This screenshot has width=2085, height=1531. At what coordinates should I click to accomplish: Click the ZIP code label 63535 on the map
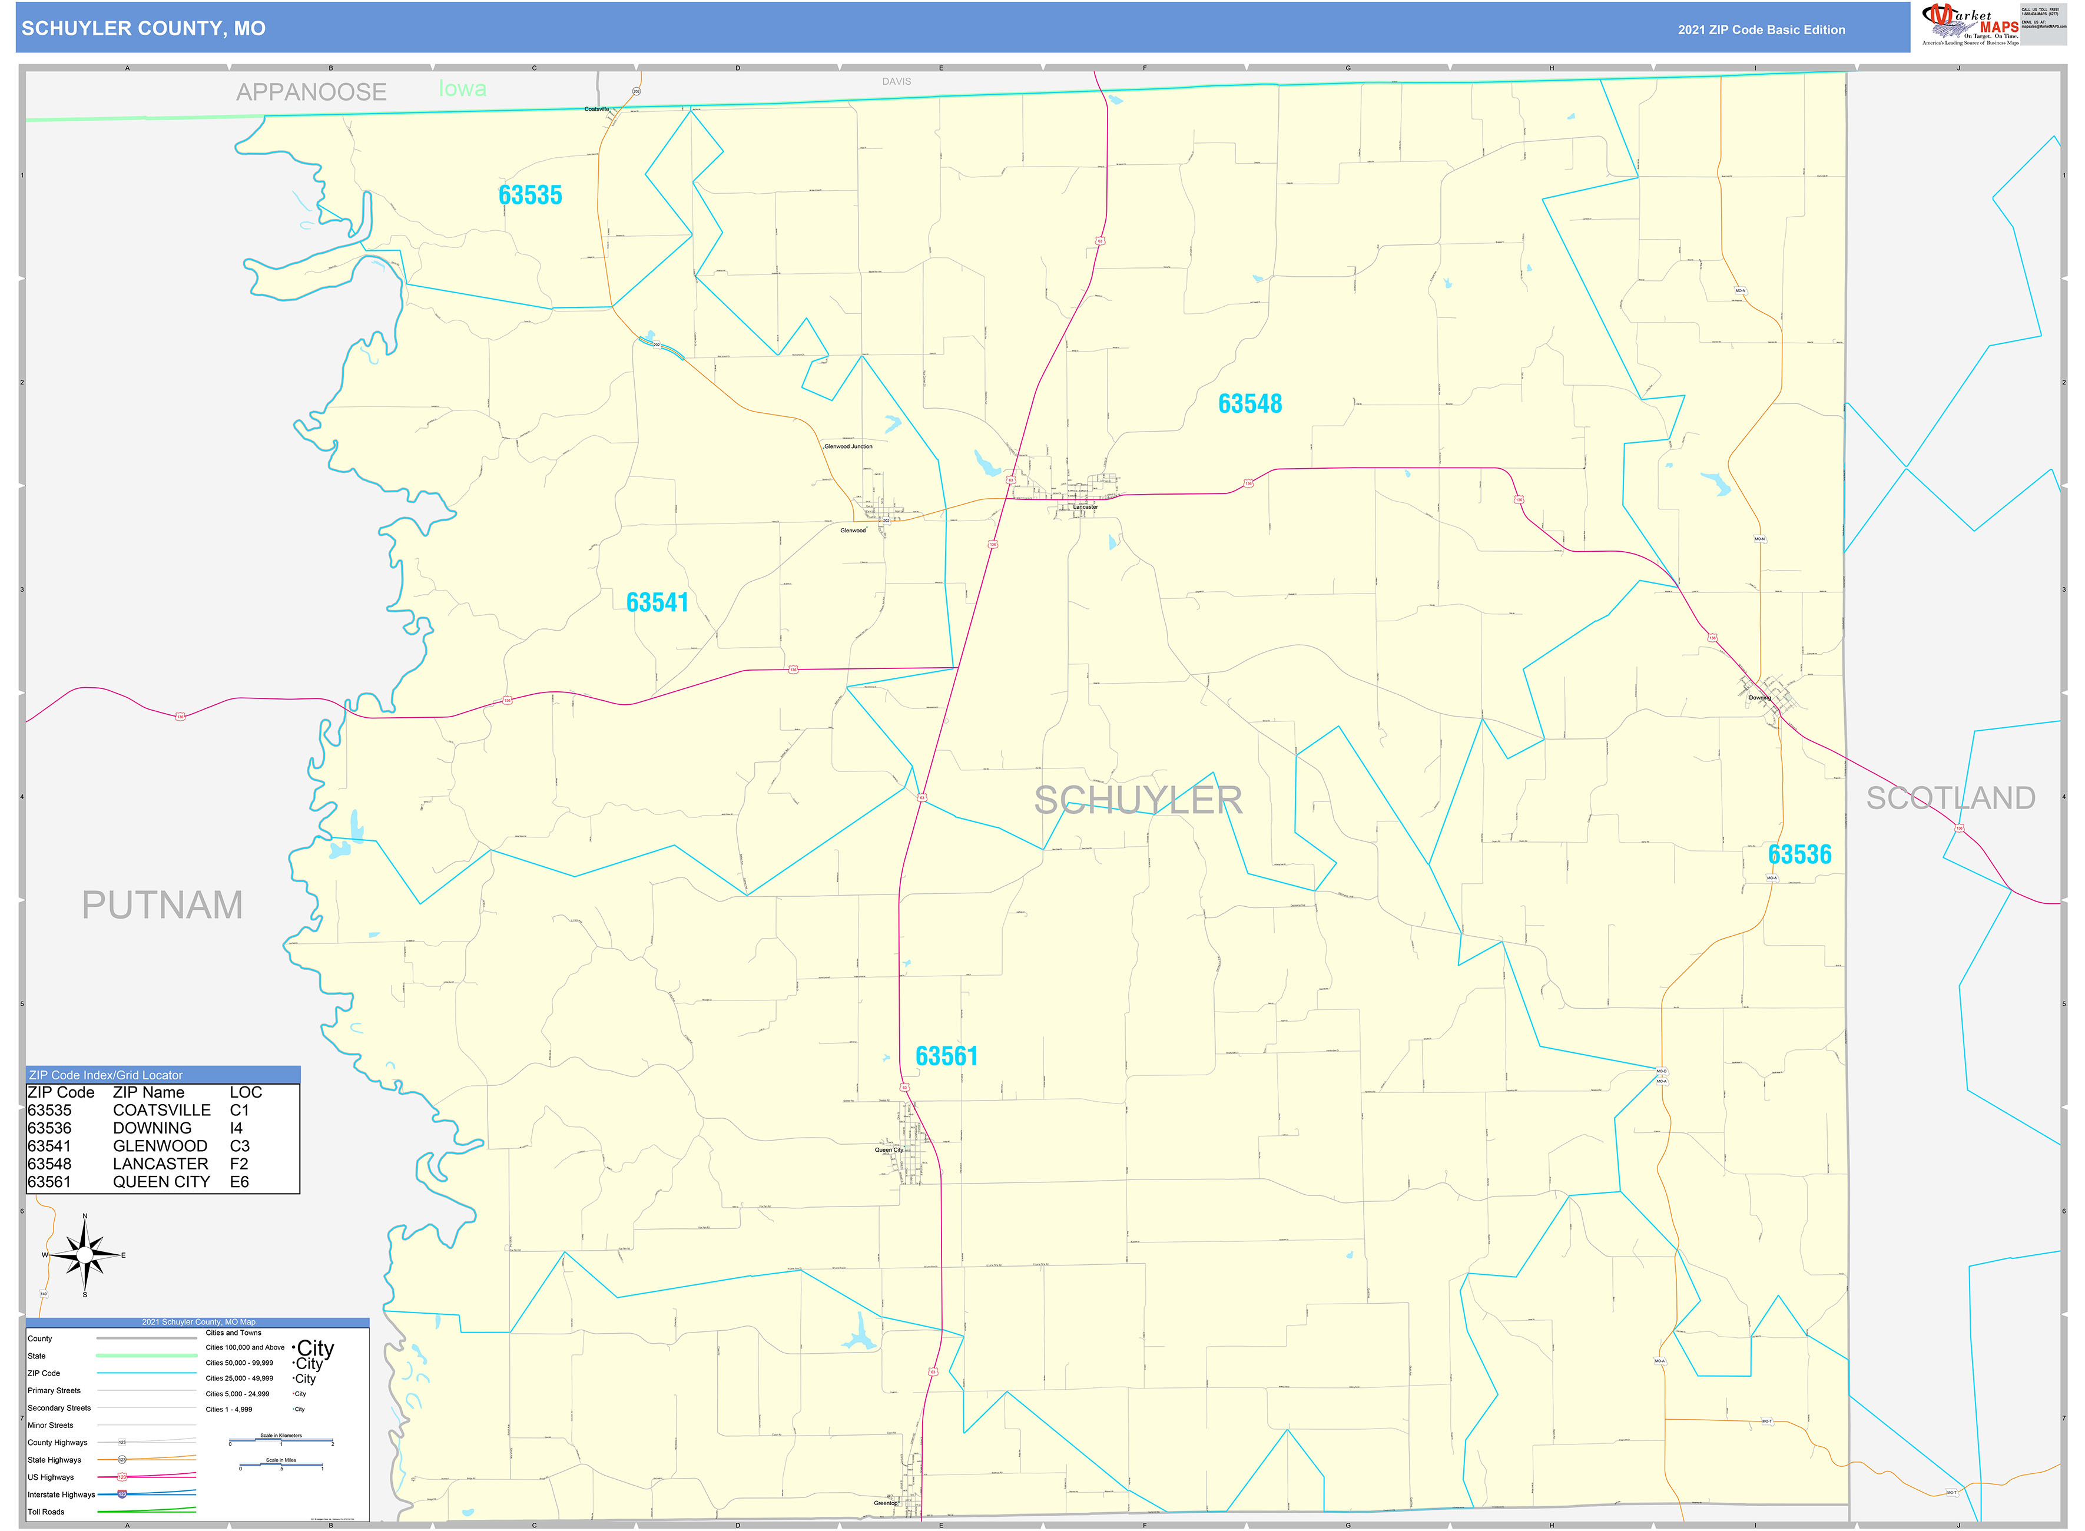click(x=530, y=195)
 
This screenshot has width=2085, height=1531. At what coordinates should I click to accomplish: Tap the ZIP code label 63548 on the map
click(x=1249, y=404)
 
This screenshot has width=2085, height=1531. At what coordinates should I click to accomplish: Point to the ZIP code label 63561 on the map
click(x=946, y=1056)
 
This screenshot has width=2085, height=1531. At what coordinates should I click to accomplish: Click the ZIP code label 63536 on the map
click(x=1799, y=854)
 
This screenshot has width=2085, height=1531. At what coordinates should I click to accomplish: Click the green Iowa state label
click(x=462, y=89)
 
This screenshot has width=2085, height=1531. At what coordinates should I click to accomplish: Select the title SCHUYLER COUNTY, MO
click(x=144, y=29)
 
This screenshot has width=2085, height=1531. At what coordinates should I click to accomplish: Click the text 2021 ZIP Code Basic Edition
click(x=1761, y=29)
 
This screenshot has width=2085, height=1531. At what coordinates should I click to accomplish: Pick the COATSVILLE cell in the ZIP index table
click(x=161, y=1110)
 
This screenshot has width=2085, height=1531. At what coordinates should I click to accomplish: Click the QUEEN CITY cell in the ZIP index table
click(x=161, y=1182)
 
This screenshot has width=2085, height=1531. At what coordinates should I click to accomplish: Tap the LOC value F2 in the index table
click(x=239, y=1164)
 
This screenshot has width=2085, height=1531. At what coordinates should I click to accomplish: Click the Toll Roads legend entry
click(x=47, y=1512)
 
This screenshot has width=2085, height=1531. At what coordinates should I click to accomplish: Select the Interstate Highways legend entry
click(x=61, y=1494)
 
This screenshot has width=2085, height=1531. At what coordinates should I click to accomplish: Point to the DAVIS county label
click(x=896, y=81)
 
